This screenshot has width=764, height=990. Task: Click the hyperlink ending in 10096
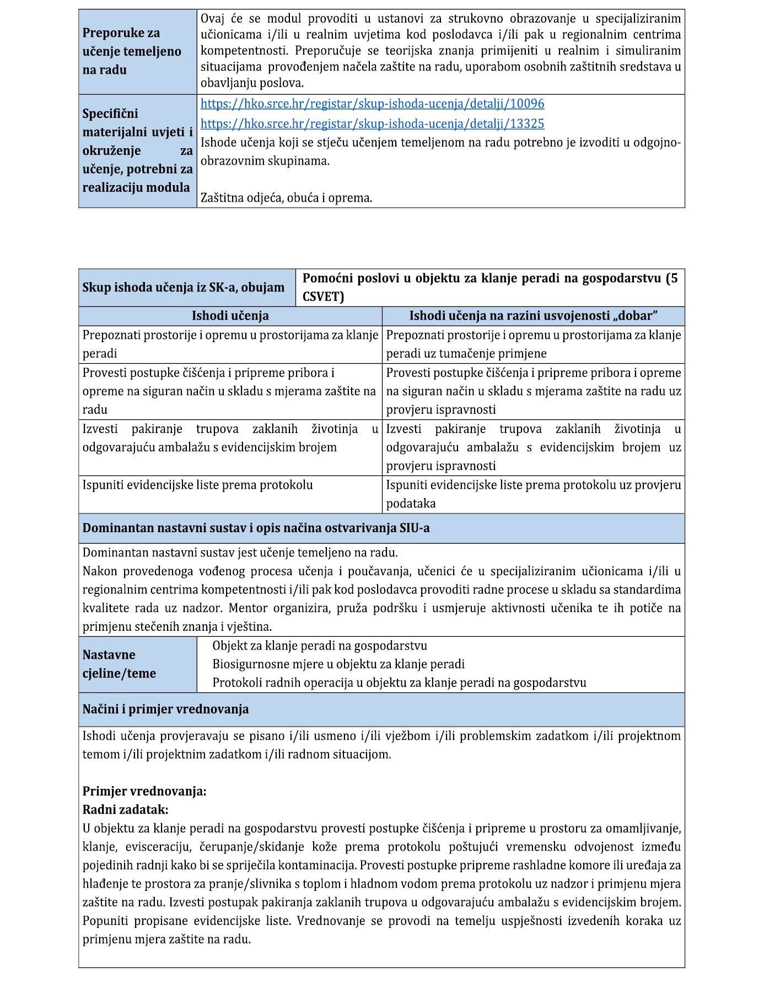click(x=372, y=104)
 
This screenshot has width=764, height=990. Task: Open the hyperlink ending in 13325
click(x=372, y=123)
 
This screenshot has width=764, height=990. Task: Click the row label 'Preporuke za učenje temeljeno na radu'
click(x=132, y=51)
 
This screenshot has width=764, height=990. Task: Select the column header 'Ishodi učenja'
click(x=230, y=316)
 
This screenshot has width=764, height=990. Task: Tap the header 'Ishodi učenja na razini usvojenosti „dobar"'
click(x=533, y=316)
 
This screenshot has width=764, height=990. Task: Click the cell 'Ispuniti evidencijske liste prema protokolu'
click(x=197, y=485)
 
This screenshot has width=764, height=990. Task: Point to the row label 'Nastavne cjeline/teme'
click(x=119, y=664)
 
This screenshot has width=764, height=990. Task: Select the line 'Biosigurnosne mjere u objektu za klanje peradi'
click(x=338, y=664)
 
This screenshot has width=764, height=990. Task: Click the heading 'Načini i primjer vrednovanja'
click(x=165, y=709)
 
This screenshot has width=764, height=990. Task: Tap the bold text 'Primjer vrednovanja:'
click(x=144, y=791)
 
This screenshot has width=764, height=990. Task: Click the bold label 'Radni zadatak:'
click(x=125, y=809)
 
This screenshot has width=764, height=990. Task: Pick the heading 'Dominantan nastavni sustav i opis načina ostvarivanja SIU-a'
click(x=256, y=528)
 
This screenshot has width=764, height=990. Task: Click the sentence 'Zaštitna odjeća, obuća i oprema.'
click(x=286, y=198)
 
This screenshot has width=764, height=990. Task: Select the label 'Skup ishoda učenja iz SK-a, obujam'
click(x=183, y=287)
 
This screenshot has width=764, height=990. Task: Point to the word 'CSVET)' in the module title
click(x=323, y=297)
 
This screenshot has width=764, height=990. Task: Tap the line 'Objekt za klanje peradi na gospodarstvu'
click(x=320, y=646)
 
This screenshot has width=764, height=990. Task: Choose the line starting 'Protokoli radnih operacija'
click(x=399, y=683)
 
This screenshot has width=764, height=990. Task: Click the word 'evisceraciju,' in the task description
click(x=158, y=847)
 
